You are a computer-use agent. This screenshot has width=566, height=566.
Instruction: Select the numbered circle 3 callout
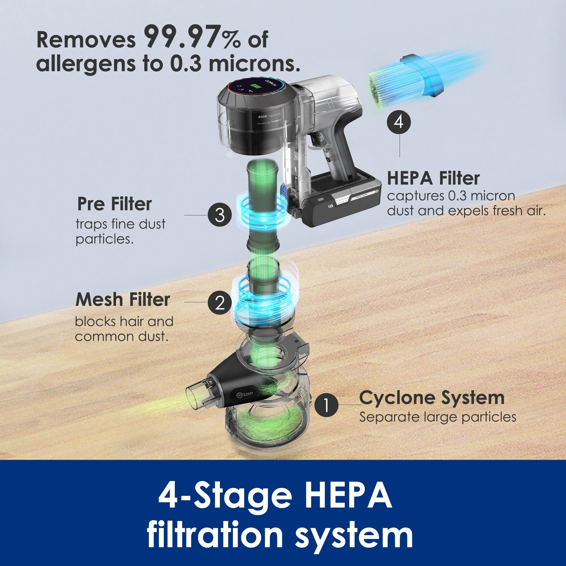[219, 215]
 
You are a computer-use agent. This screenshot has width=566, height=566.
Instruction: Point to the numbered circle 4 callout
[398, 122]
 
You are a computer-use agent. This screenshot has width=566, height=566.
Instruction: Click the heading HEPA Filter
[433, 178]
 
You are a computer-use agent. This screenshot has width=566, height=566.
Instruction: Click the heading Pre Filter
[115, 204]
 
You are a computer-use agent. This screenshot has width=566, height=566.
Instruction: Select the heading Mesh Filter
[123, 300]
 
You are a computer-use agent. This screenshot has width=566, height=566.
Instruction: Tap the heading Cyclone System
[432, 398]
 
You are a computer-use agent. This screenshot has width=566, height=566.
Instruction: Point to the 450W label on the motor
[262, 117]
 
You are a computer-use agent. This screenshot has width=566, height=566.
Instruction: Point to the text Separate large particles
[438, 417]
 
